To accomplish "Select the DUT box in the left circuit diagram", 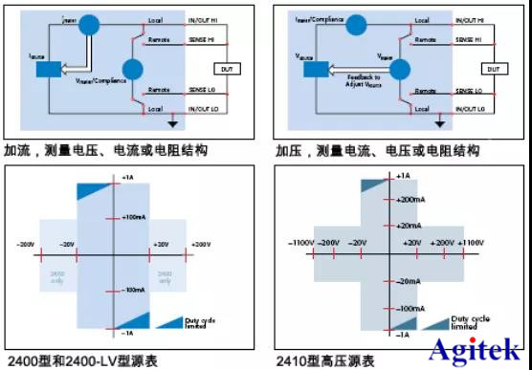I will [225, 69].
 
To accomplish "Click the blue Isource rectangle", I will [47, 69].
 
